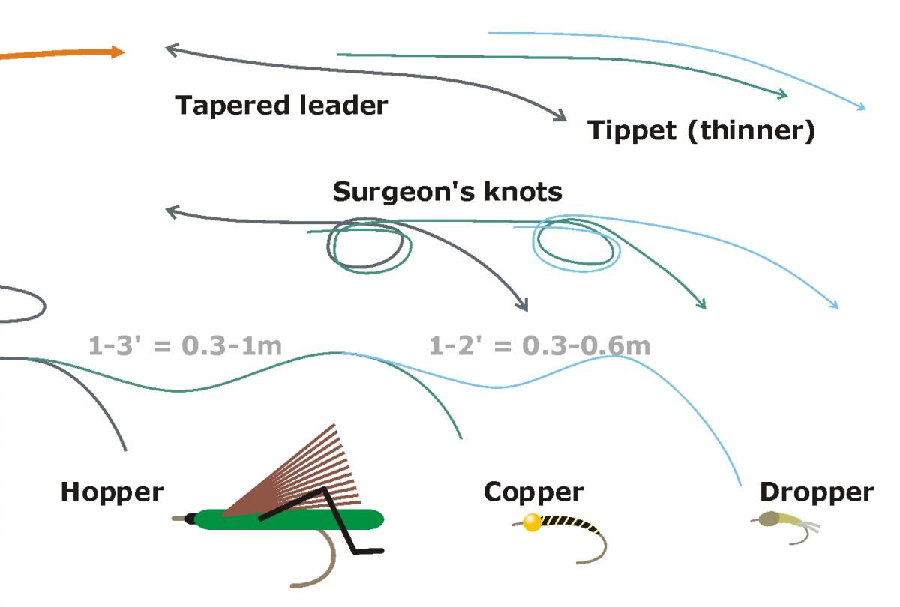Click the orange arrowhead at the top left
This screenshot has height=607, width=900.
pyautogui.click(x=117, y=52)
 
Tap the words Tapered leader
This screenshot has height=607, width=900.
pyautogui.click(x=281, y=106)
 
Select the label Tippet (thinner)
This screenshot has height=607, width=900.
pyautogui.click(x=700, y=130)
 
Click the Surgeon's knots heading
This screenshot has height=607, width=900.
pyautogui.click(x=447, y=192)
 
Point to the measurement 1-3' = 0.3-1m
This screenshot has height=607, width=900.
pyautogui.click(x=185, y=346)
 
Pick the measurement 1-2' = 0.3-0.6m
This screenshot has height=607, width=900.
pyautogui.click(x=539, y=346)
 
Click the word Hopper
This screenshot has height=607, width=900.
pyautogui.click(x=112, y=492)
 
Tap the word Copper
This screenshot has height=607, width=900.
pyautogui.click(x=533, y=492)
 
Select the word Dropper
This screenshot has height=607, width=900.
pyautogui.click(x=817, y=492)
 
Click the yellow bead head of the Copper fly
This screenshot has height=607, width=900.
pyautogui.click(x=532, y=523)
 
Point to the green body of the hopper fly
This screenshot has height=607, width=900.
pyautogui.click(x=292, y=519)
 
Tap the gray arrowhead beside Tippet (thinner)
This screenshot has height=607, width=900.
pyautogui.click(x=559, y=115)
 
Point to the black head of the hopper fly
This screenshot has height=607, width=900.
pyautogui.click(x=190, y=517)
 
